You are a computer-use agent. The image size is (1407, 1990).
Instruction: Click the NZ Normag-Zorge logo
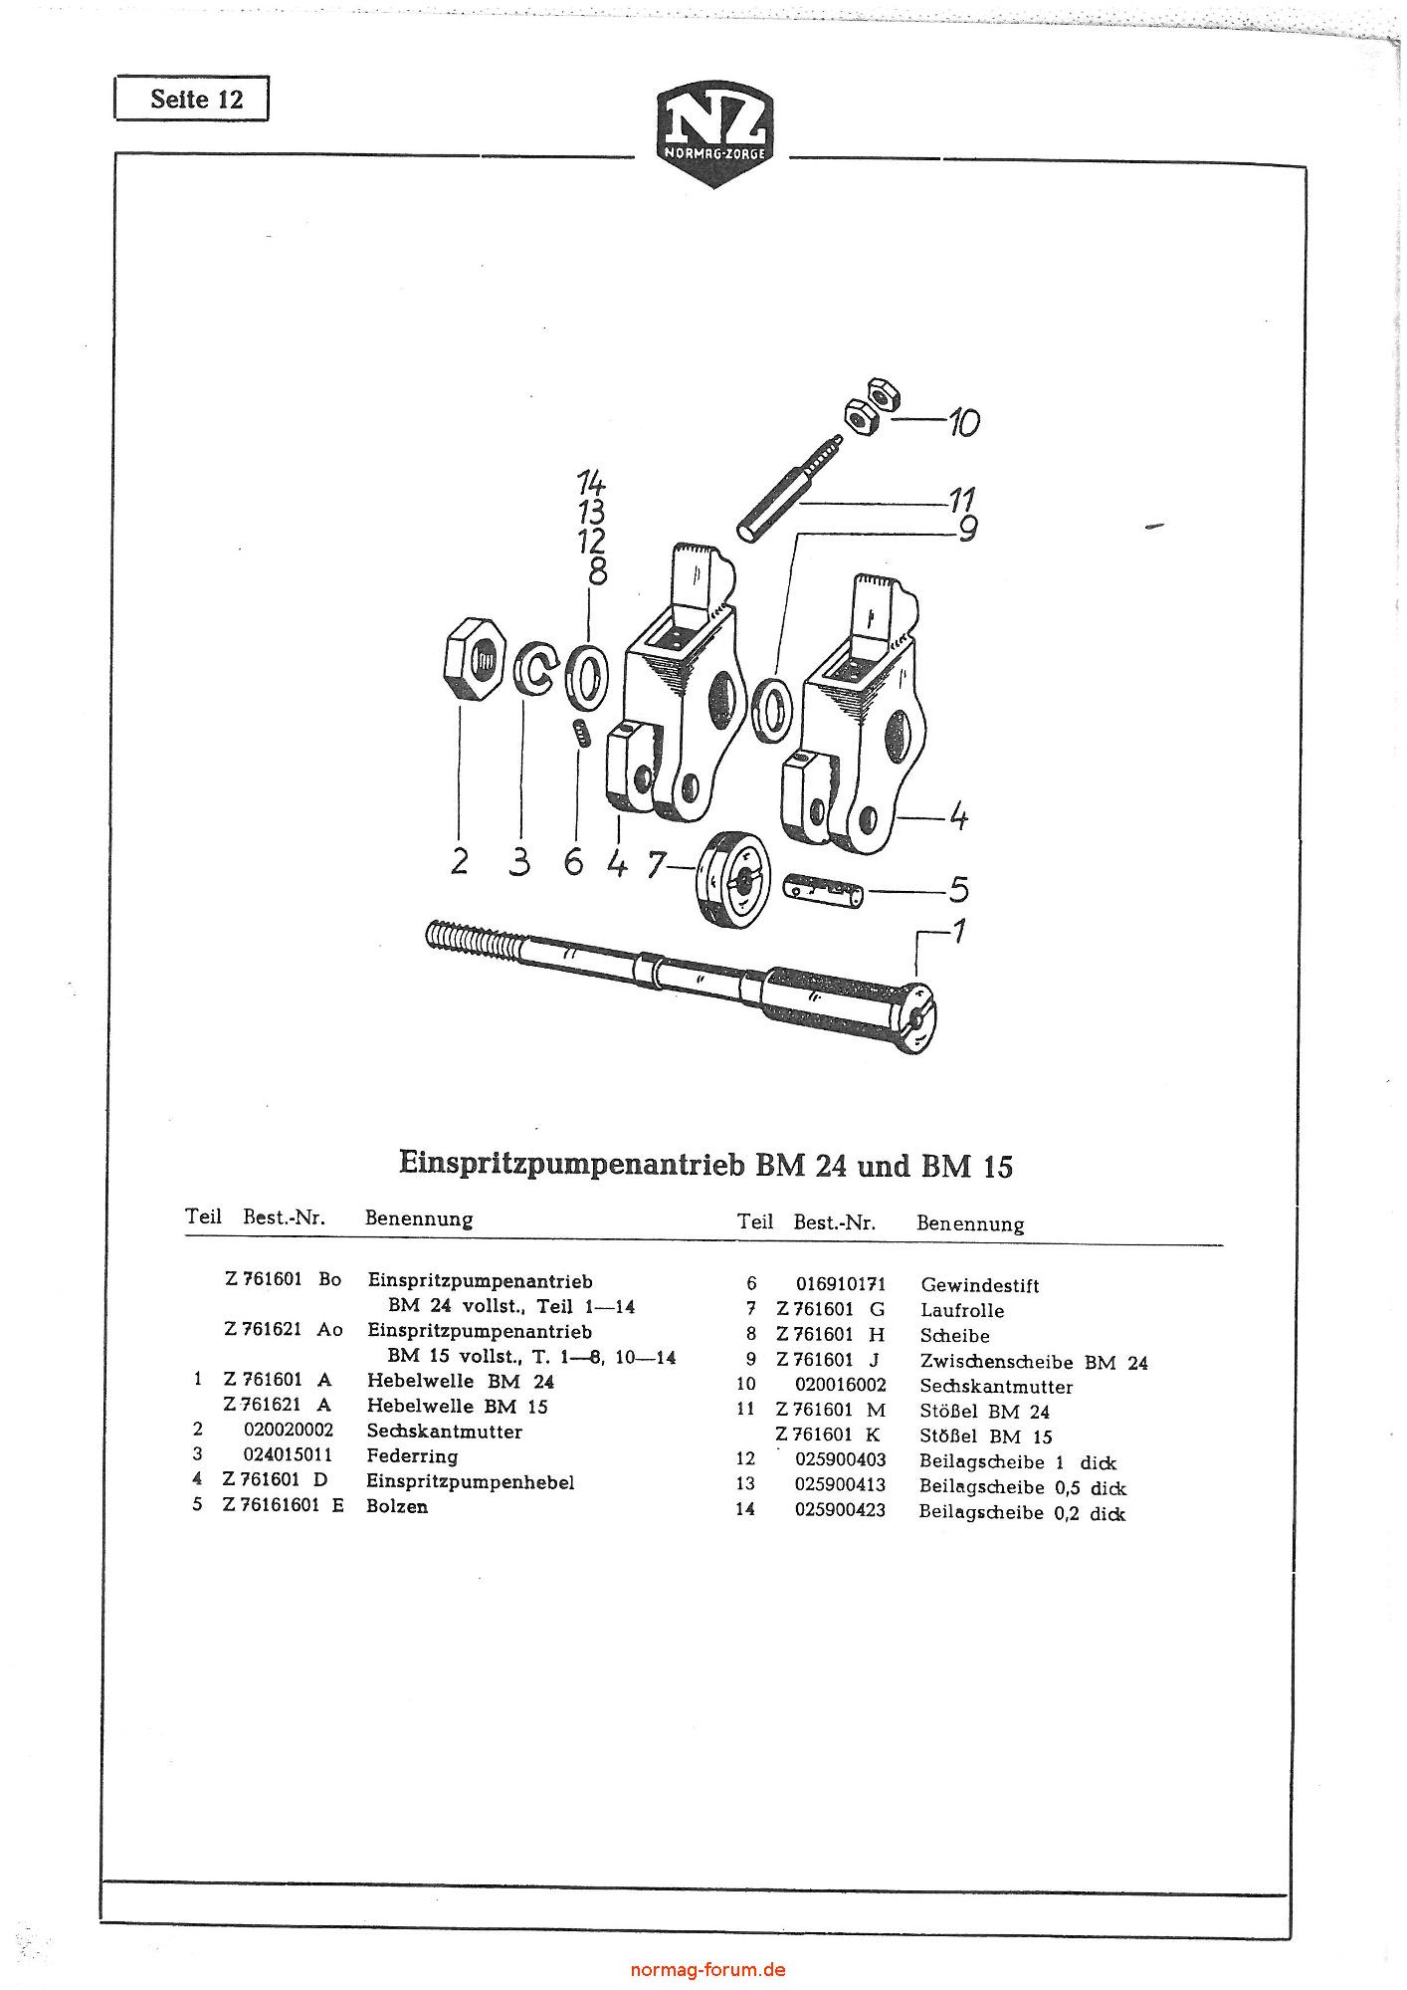tap(712, 136)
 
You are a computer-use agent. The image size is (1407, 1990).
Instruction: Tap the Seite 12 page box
tap(192, 100)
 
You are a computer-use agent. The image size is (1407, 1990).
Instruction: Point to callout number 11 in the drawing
tap(960, 499)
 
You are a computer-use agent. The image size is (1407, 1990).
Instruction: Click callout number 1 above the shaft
tap(957, 933)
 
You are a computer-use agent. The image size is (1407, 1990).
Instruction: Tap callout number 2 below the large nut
tap(459, 861)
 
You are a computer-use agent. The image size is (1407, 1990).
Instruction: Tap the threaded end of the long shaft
tap(468, 940)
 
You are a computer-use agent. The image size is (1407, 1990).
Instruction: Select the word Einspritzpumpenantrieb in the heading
tap(572, 1164)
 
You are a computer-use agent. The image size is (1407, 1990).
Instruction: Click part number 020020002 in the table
tap(289, 1431)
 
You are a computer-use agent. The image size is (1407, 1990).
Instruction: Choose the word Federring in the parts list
tap(412, 1455)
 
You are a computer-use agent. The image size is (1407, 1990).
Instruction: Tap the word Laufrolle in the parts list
tap(962, 1310)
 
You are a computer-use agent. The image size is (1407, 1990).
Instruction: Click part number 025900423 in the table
tap(840, 1512)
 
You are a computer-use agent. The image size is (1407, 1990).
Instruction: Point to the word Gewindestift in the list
tap(980, 1285)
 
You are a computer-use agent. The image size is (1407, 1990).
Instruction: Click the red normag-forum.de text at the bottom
tap(708, 1969)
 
